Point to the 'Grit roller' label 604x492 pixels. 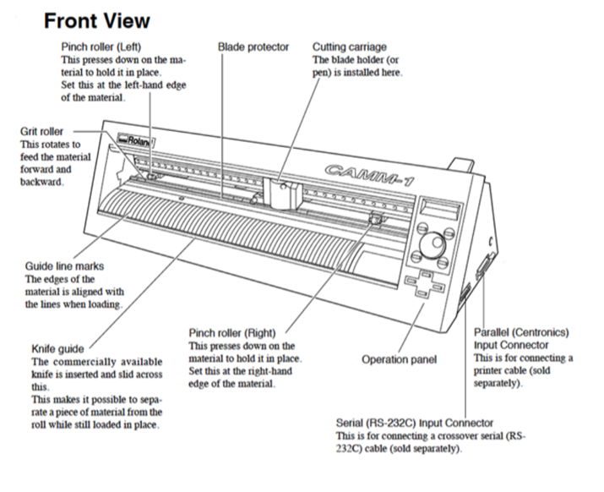(x=41, y=132)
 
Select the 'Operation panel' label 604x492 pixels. (x=400, y=359)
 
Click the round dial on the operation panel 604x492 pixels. (x=433, y=244)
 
